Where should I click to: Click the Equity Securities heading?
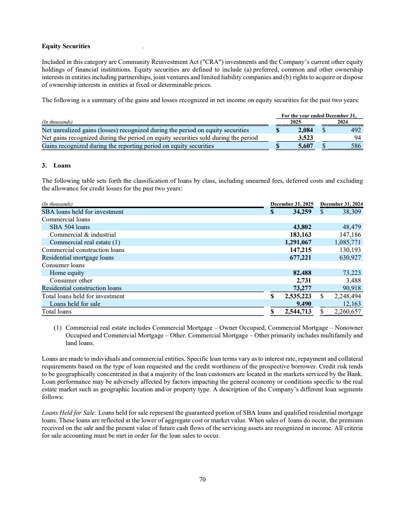click(x=66, y=46)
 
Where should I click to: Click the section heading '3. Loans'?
click(x=56, y=166)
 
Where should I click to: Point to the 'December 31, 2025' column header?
click(x=292, y=204)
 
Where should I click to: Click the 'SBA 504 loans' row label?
click(x=70, y=227)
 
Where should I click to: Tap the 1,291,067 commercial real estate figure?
click(x=298, y=242)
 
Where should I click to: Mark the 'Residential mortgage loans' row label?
click(x=78, y=258)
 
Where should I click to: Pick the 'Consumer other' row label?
click(x=71, y=281)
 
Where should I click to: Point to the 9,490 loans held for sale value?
click(x=304, y=304)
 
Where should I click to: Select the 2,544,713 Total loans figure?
click(x=298, y=312)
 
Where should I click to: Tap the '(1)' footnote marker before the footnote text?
click(x=58, y=328)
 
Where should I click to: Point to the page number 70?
click(x=202, y=479)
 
